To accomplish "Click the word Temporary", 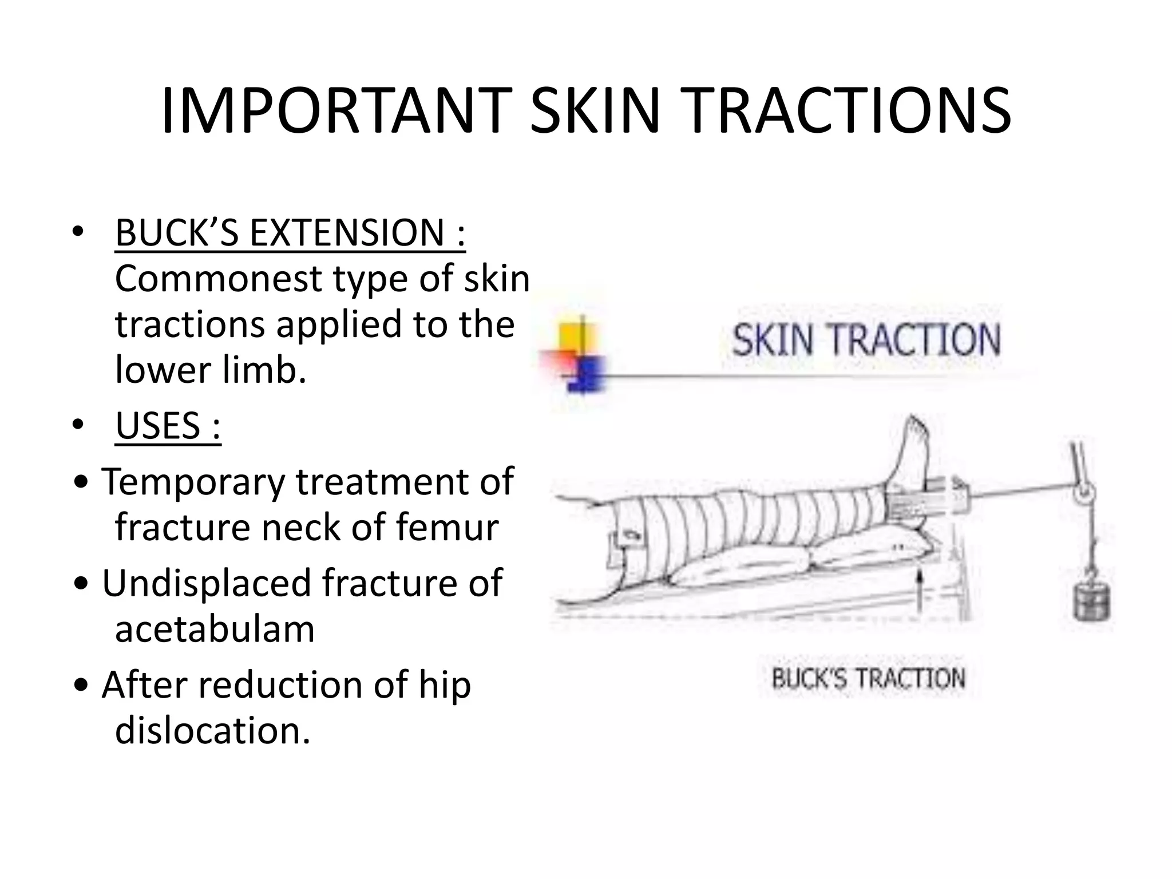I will [x=193, y=481].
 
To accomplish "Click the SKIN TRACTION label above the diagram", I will [x=866, y=339].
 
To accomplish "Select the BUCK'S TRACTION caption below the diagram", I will [x=868, y=679].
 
